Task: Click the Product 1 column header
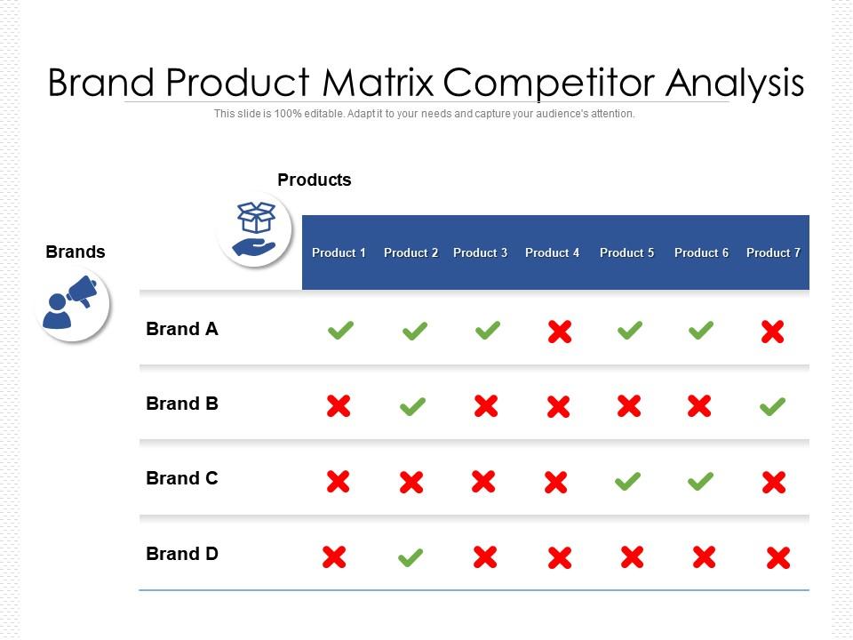(x=339, y=252)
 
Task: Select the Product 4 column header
(x=552, y=252)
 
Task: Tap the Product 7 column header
(x=773, y=252)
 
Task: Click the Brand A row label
(x=181, y=329)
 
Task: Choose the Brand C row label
(x=181, y=478)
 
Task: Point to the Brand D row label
(x=181, y=554)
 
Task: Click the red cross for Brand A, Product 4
(x=560, y=332)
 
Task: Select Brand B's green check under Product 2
(x=413, y=406)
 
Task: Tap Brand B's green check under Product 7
(x=772, y=406)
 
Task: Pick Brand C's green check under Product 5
(x=628, y=481)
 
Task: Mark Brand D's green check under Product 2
(x=411, y=557)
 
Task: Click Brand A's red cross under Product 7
(x=772, y=332)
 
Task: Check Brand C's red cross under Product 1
(x=339, y=482)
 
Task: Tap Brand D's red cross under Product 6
(x=704, y=556)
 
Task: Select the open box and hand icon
(x=255, y=229)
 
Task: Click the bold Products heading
(x=315, y=180)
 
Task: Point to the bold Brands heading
(x=76, y=252)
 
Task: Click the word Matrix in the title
(x=379, y=83)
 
